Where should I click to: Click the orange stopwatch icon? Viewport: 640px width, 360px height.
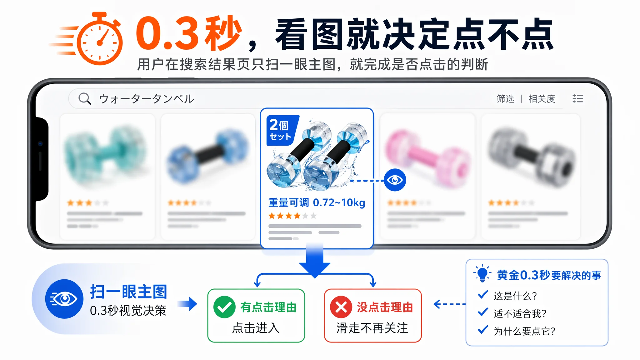[x=99, y=39]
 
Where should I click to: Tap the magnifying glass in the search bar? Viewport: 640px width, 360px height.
[x=85, y=98]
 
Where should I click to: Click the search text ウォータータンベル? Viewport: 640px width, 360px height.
[x=147, y=99]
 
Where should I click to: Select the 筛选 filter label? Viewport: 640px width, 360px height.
[x=505, y=99]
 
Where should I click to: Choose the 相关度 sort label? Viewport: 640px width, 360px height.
[x=542, y=99]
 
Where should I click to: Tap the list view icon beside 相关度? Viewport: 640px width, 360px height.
[x=577, y=99]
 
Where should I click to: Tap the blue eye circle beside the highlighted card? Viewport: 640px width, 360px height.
[x=395, y=180]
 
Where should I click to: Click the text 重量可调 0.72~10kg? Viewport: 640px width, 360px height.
[x=317, y=202]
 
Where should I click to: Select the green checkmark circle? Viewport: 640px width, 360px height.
[x=224, y=307]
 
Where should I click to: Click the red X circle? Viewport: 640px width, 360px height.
[x=341, y=307]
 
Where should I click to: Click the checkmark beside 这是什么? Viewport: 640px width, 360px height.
[x=483, y=294]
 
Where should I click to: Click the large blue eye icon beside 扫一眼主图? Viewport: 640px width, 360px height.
[x=64, y=299]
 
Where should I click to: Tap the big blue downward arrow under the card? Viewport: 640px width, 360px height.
[x=315, y=261]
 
